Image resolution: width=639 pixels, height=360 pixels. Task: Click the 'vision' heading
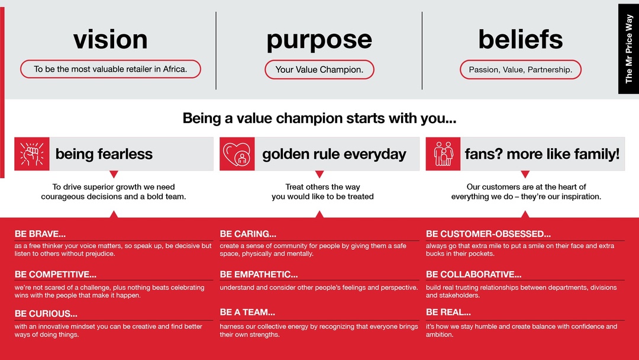coord(111,40)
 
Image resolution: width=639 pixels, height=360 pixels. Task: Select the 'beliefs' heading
coord(521,39)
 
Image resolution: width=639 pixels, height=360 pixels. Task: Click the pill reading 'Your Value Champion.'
coord(319,70)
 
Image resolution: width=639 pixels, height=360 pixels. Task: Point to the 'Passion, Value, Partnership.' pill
coord(521,70)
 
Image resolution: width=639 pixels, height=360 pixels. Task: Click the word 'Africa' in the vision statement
coord(175,69)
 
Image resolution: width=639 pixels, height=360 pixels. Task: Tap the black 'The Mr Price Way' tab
coord(628,49)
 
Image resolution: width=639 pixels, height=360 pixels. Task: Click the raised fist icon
coord(32,154)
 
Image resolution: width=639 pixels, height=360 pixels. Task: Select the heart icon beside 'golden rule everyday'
coord(237,154)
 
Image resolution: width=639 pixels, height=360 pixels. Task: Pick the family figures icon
coord(443,154)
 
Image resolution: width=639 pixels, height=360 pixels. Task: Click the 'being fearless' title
coord(104,154)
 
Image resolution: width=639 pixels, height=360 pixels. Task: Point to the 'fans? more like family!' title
coord(542,154)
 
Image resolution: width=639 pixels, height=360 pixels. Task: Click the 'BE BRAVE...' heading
coord(40,234)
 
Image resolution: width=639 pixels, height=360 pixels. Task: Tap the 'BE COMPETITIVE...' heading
coord(56,274)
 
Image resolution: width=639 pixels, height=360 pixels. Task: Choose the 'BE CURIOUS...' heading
coord(46,314)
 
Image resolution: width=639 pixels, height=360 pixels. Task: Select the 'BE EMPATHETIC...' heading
coord(259,274)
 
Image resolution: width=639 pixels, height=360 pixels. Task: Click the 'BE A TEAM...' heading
coord(247,312)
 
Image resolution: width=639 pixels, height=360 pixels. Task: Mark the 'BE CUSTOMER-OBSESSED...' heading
coord(488,234)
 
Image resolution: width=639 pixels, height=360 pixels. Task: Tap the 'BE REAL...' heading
coord(448,312)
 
